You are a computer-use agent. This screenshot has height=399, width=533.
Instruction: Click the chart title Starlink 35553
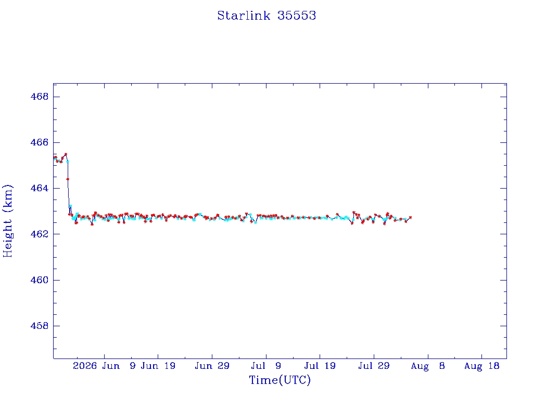266,16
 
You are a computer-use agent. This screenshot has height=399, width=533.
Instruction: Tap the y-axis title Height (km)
7,221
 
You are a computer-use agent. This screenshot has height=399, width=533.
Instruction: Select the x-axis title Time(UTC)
280,380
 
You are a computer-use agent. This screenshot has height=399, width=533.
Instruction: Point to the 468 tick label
40,97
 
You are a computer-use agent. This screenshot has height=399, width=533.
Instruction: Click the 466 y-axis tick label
40,142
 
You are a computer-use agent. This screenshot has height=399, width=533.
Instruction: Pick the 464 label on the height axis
40,188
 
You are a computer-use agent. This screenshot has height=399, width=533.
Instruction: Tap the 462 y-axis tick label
40,234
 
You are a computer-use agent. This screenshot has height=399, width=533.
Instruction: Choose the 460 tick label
40,280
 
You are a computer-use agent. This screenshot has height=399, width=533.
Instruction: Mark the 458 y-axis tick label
40,326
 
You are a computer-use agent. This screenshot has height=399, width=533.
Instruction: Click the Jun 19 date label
158,366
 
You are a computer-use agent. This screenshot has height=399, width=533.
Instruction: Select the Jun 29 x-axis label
212,366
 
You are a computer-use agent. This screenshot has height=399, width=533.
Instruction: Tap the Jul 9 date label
266,366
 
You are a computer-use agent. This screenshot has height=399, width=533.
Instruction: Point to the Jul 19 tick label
320,366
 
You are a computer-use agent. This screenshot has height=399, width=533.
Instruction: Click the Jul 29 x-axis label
374,366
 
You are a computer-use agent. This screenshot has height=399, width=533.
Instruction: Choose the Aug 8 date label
428,366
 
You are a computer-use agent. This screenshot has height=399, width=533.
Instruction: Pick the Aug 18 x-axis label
481,366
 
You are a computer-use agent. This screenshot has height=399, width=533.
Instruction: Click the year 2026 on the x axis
85,366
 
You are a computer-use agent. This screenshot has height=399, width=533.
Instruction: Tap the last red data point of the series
410,217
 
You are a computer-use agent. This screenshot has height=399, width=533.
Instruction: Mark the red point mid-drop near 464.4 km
68,179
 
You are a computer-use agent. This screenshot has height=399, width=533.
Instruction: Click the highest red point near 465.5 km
66,154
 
